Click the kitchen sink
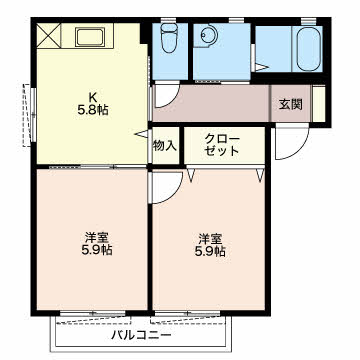click(x=90, y=37)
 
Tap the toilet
click(x=169, y=38)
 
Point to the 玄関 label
click(x=291, y=104)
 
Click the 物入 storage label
click(x=165, y=145)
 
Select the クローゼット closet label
click(x=222, y=145)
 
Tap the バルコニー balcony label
click(x=141, y=334)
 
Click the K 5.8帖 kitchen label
click(x=93, y=103)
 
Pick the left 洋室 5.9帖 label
click(x=97, y=244)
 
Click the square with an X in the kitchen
click(x=49, y=35)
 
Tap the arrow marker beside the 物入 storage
click(x=141, y=134)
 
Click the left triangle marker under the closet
click(x=191, y=175)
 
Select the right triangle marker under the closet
click(x=260, y=175)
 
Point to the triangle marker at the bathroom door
click(x=262, y=67)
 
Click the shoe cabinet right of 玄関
click(x=319, y=104)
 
